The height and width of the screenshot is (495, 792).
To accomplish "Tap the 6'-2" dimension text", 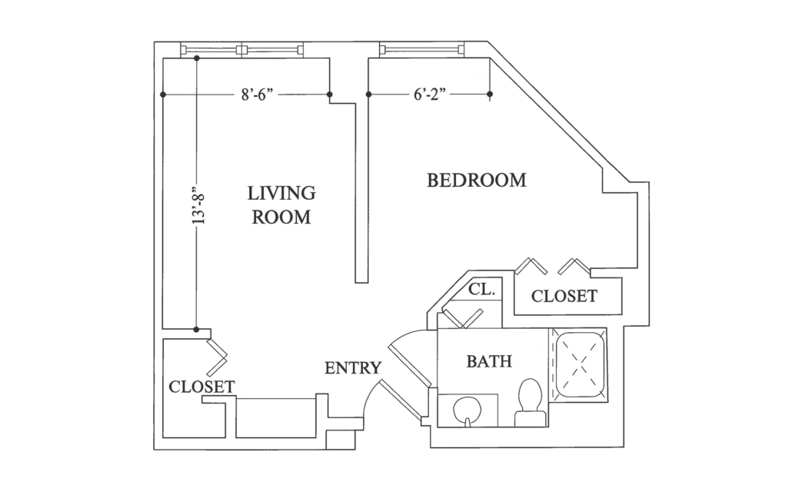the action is (430, 95).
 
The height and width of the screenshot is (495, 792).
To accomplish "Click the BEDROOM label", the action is (476, 181).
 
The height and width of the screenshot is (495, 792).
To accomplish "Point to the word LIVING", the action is (281, 193).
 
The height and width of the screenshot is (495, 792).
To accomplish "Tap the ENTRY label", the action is (353, 368).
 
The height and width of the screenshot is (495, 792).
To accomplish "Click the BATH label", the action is (489, 361).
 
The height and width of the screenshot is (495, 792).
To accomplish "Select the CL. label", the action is (481, 290).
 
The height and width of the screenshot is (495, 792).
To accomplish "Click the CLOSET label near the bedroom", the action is (564, 296).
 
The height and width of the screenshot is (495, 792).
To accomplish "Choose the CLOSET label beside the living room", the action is (201, 387).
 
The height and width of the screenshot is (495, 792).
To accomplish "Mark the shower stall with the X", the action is (578, 365).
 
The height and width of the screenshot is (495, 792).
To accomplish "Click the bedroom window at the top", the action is (421, 49).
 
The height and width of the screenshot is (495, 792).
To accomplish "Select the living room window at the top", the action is (242, 49).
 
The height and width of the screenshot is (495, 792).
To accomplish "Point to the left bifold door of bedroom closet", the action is (531, 266).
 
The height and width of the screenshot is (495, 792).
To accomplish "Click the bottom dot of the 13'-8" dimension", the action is (197, 329).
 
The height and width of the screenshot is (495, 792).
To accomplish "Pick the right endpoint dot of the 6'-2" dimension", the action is (490, 94).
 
